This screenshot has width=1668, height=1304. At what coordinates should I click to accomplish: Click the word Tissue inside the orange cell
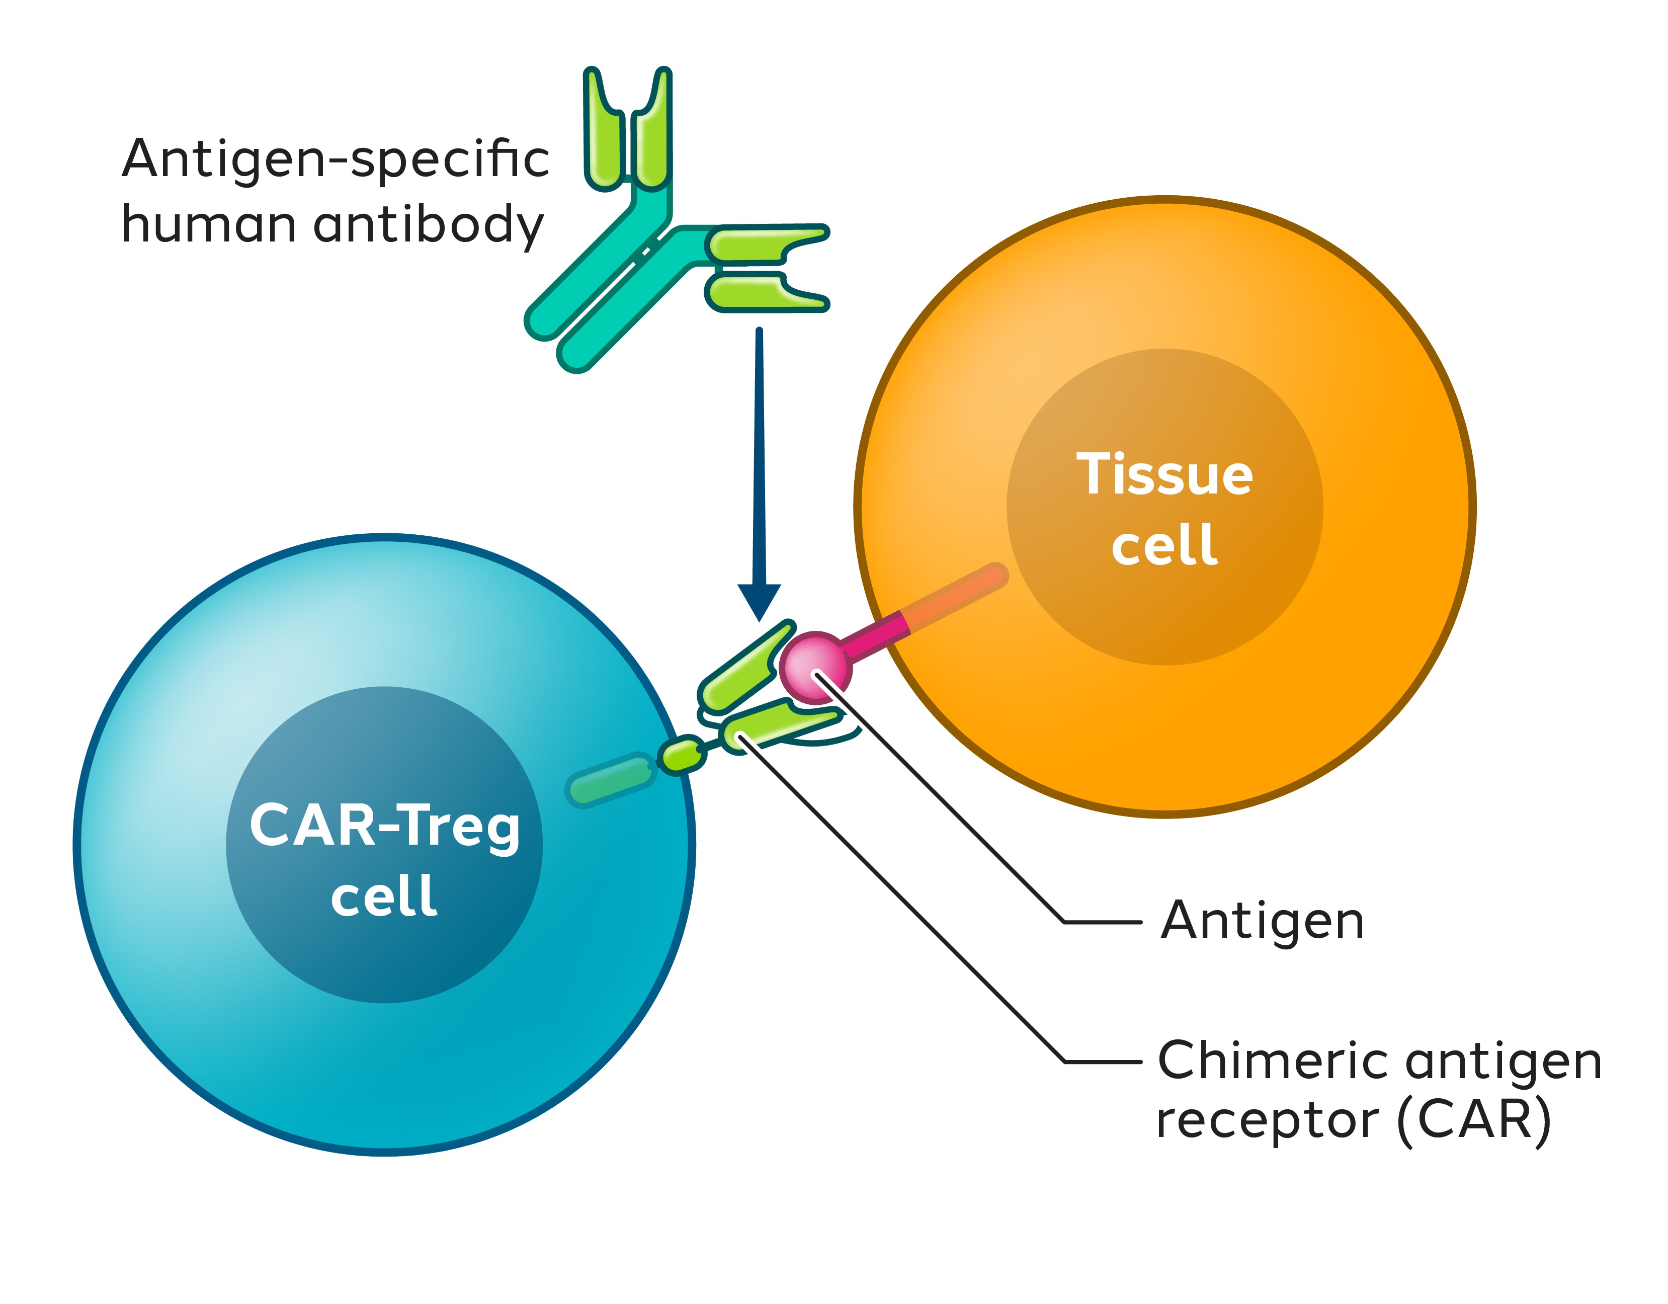point(1164,474)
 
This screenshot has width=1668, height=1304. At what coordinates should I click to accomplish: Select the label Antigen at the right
point(1262,921)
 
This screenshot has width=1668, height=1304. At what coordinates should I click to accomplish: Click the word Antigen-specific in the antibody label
point(336,159)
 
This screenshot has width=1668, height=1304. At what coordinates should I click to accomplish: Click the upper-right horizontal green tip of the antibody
point(764,243)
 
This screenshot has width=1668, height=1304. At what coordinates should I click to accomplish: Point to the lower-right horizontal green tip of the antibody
point(764,294)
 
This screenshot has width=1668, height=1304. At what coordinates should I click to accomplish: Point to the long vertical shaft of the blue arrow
point(759,458)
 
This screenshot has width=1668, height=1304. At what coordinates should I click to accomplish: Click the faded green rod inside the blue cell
point(611,779)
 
